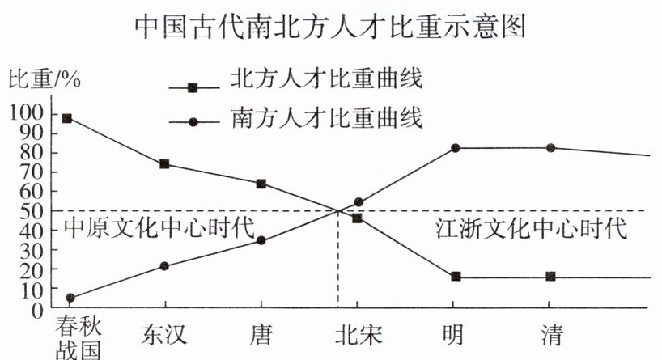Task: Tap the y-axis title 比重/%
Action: click(45, 81)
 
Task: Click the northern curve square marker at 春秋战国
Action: click(67, 118)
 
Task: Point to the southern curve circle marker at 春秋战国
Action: click(71, 298)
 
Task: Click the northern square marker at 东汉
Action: click(165, 164)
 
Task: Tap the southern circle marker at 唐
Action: click(261, 240)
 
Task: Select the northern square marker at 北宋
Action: click(357, 218)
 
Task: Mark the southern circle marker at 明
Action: click(456, 148)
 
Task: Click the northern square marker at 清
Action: click(551, 277)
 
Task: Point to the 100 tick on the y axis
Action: click(29, 114)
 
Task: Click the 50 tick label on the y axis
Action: click(33, 211)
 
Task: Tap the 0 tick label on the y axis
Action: click(38, 309)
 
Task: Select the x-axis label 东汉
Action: click(165, 334)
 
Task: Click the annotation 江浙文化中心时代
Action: click(531, 227)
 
